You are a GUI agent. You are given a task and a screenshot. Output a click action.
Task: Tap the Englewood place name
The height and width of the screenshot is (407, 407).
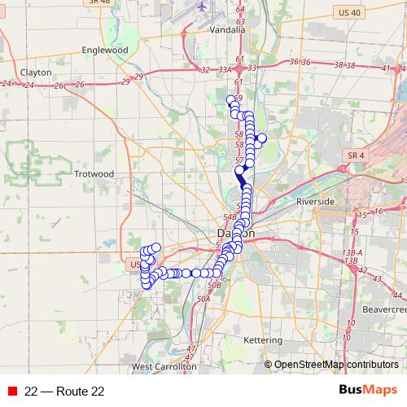106,50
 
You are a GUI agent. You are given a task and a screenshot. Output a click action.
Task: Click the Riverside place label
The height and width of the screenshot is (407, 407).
316,200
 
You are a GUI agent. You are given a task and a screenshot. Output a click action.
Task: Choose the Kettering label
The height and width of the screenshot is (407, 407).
263,339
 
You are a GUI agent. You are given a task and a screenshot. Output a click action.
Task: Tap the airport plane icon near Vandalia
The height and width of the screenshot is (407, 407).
201,7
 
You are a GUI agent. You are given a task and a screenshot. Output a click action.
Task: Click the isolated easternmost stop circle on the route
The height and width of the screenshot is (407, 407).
261,138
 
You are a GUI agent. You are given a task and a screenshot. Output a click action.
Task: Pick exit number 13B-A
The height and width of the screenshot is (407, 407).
352,253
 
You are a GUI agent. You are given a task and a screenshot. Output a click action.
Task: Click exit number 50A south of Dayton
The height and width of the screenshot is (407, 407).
203,300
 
